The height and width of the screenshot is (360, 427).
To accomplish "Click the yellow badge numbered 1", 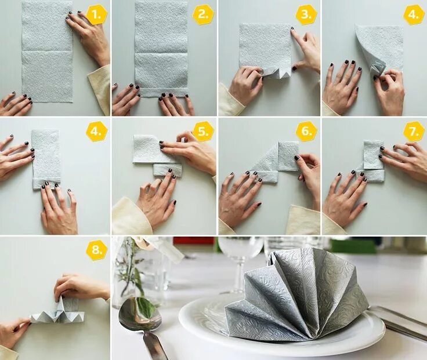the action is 96,16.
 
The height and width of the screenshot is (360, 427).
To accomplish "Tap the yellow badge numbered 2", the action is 203,14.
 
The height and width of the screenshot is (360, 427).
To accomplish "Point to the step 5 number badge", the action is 203,132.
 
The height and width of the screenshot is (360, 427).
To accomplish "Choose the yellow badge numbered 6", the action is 306,131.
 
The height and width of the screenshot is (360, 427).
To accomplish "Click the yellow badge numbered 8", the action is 96,249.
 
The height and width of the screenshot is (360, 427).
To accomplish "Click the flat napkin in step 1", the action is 47,52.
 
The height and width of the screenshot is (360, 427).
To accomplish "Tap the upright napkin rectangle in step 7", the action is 374,155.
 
